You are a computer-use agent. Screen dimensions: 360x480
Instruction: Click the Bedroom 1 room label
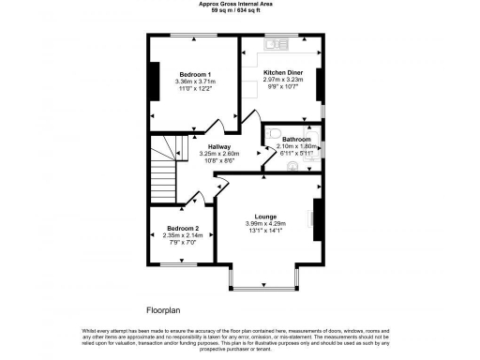point(195,74)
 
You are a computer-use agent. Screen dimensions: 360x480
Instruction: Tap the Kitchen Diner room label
point(282,72)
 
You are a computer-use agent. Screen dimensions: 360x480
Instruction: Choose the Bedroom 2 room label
point(183,228)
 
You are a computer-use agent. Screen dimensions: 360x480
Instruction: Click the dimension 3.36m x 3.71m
point(195,82)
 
